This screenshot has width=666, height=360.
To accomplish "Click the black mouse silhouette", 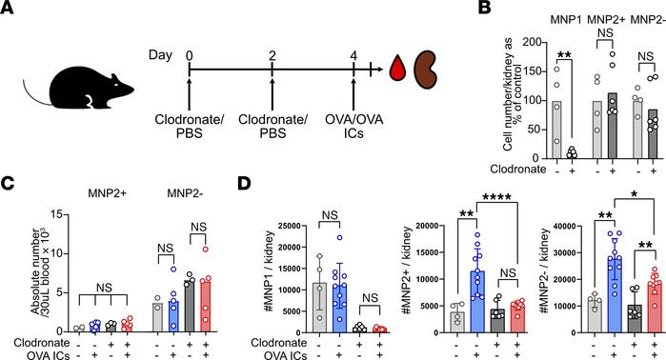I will click(x=58, y=83).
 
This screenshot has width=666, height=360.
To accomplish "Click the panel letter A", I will click(x=9, y=10).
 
